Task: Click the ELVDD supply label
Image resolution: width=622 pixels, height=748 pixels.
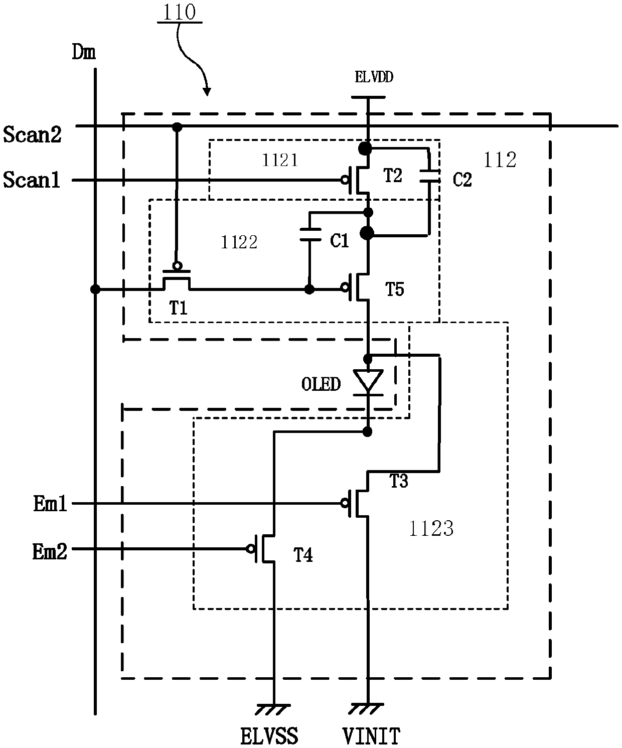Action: point(374,77)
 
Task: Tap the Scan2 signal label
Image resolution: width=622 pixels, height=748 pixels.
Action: point(32,135)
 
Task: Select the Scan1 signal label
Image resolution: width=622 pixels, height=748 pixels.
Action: point(32,180)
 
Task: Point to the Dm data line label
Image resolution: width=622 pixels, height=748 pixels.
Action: point(84,52)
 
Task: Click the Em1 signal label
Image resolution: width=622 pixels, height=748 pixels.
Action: point(50,503)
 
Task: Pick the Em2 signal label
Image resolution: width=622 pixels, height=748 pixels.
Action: point(50,551)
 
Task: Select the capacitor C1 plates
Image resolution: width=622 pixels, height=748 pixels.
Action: point(310,235)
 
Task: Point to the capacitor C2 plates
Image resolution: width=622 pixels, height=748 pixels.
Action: point(429,176)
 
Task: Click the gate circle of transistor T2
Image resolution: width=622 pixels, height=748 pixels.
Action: point(345,180)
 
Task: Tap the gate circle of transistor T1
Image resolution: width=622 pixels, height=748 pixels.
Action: point(177,266)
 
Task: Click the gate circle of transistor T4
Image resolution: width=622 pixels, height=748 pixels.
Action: point(250,549)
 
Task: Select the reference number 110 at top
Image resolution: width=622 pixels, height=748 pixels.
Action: point(179,12)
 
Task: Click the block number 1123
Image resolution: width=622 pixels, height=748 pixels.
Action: point(431,529)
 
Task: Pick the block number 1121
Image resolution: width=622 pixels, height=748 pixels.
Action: point(280,160)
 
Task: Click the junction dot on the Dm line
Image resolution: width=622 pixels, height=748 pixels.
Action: point(95,289)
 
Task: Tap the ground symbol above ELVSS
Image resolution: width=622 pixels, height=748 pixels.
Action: point(274,708)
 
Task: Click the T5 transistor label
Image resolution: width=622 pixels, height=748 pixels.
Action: point(394,289)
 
